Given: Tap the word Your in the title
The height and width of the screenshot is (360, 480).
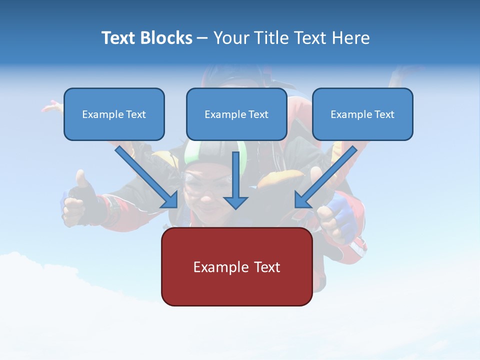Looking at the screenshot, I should [x=232, y=38].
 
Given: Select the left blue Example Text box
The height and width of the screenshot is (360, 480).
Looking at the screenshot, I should [x=114, y=114].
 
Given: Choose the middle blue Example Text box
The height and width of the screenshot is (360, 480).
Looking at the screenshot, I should [x=236, y=114].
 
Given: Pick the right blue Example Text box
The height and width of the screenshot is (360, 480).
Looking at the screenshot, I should [x=362, y=114].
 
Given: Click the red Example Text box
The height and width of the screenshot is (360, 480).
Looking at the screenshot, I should [x=236, y=266].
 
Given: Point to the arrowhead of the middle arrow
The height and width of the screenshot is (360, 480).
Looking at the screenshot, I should [x=235, y=202].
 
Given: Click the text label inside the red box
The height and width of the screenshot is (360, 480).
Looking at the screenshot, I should [x=236, y=267].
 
